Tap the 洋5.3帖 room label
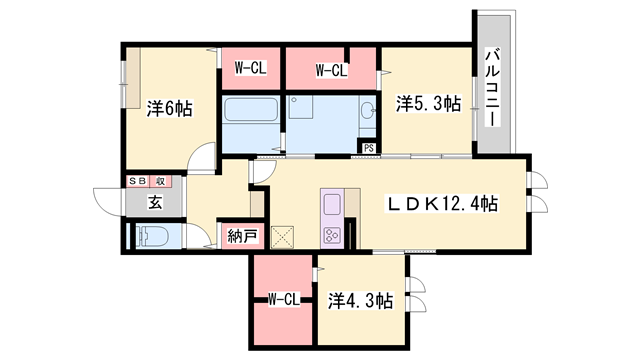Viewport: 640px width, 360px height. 427,103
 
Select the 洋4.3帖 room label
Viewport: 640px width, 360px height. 359,300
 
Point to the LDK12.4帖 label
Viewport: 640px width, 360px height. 443,203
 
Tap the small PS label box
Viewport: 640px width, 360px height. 369,149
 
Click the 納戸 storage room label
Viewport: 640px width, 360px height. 242,237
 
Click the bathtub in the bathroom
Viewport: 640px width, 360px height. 251,110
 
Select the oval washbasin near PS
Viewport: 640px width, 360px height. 367,109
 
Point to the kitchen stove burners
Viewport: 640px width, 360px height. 331,236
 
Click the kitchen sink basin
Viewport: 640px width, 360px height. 332,205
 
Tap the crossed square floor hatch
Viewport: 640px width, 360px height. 283,237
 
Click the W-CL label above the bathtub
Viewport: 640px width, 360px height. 249,69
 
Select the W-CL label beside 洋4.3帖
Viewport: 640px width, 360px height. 284,299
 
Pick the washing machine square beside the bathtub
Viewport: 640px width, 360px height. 301,107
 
